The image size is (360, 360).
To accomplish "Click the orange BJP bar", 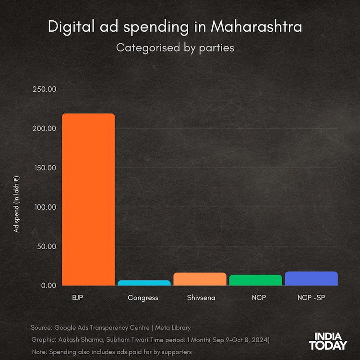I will tap(88, 199).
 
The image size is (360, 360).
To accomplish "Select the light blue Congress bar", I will tap(144, 283).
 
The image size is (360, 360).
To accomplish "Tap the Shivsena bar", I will tap(200, 279).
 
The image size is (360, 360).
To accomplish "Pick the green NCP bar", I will tap(255, 280).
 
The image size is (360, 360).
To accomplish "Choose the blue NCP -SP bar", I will tap(311, 278).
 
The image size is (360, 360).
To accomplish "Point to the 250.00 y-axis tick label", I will tap(45, 89).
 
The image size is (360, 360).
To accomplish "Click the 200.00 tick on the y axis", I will tap(45, 129).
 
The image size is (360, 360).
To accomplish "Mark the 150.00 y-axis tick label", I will tap(45, 168).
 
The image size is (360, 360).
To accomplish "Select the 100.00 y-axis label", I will tap(45, 207).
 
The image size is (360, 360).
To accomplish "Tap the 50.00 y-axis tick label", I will tap(47, 247).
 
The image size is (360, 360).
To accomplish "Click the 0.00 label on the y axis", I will tap(48, 286).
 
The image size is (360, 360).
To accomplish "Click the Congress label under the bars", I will tap(143, 298).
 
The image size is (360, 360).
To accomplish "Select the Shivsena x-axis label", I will tap(201, 298).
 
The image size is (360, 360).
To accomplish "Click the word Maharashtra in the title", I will tap(257, 27).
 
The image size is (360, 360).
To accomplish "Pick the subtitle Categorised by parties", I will tap(175, 48).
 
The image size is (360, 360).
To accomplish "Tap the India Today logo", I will tap(328, 341).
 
